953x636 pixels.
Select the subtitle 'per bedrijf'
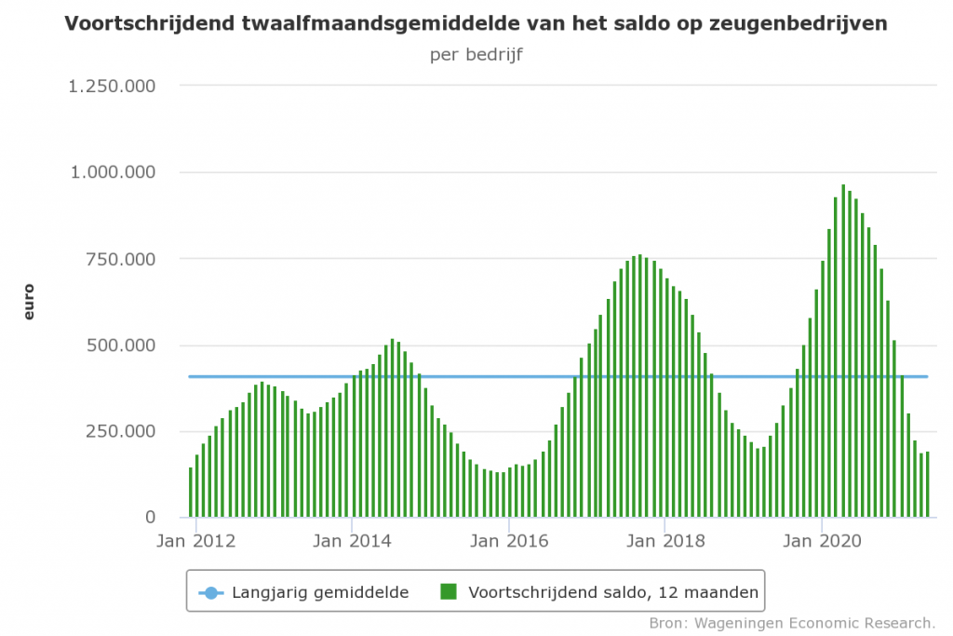(x=476, y=54)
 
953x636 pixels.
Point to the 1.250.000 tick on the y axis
(x=112, y=87)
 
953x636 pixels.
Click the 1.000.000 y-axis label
(x=112, y=172)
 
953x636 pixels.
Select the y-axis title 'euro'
(x=28, y=302)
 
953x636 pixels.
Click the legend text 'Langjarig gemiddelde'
(x=320, y=591)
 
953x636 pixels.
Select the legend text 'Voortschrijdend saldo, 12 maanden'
(x=614, y=591)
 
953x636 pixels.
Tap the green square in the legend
(x=450, y=591)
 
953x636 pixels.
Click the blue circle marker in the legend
(x=210, y=591)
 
